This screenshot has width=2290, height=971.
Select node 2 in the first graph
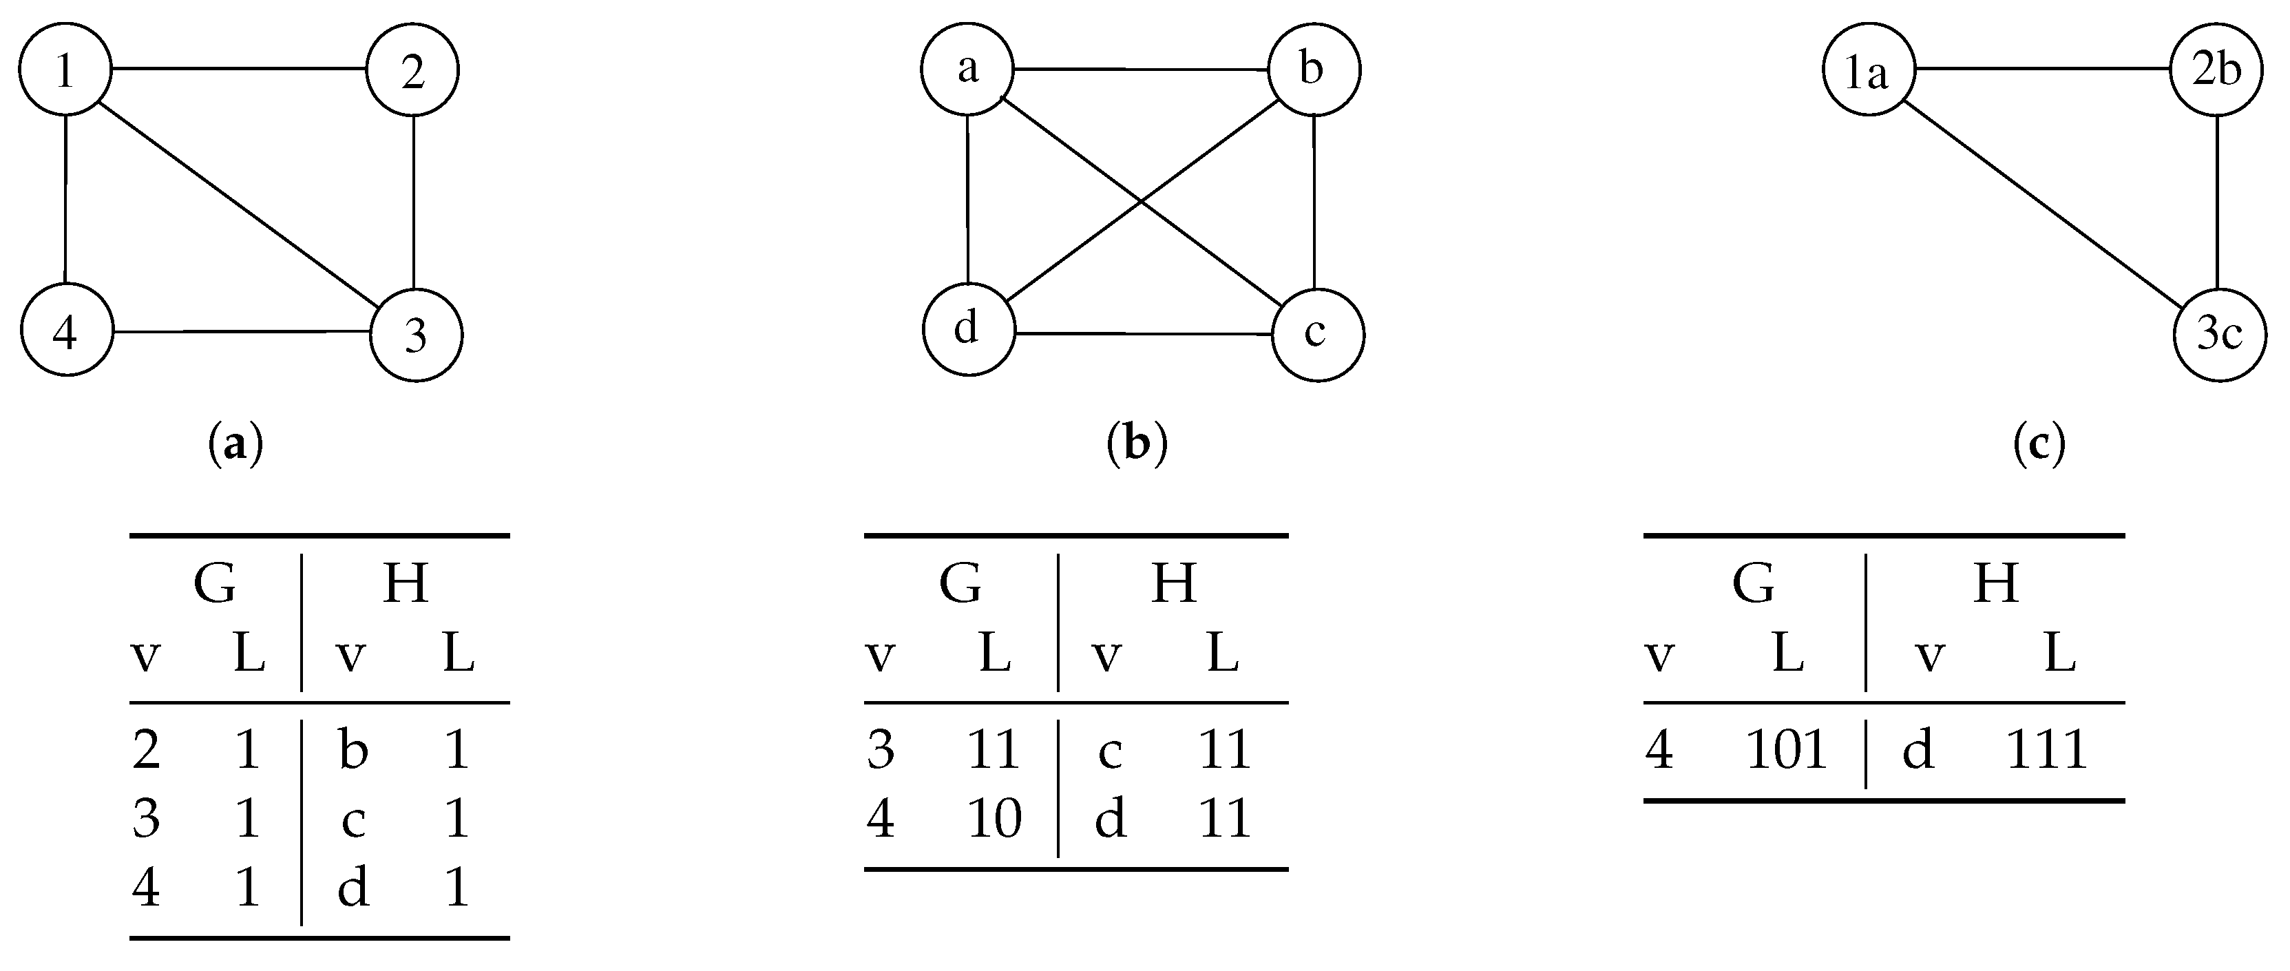412,71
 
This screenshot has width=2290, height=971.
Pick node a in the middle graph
967,70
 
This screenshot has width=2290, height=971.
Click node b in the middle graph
1313,70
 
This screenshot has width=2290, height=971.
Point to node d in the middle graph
968,330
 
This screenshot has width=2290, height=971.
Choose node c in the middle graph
1316,334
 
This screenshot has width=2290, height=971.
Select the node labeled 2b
2216,70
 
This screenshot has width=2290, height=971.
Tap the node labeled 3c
2219,334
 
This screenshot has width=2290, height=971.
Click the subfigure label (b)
1137,443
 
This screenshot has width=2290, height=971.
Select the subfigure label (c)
2039,443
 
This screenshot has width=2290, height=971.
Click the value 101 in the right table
1785,749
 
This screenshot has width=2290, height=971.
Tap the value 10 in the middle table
994,818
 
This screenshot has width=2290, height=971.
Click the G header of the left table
215,584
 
